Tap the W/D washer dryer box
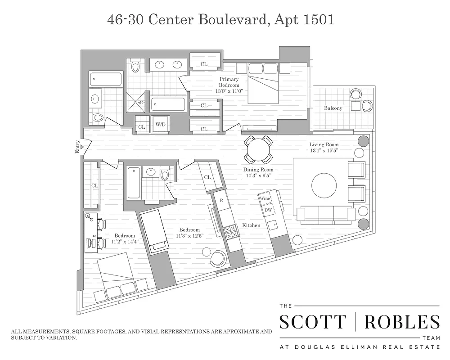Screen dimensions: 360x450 coord(160,124)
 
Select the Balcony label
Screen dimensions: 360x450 coord(333,108)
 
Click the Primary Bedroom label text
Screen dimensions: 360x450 coord(229,82)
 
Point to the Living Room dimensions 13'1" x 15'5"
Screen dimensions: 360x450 coord(324,151)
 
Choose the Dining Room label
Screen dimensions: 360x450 coord(258,170)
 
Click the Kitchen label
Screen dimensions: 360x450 coord(251,225)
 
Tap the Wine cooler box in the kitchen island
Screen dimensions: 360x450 coord(265,198)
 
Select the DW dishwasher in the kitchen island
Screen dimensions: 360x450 coord(268,210)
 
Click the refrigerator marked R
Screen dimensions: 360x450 coord(221,200)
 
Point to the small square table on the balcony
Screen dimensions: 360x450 coord(356,106)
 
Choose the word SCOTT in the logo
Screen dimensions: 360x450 coord(313,323)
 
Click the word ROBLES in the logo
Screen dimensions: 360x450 coord(402,323)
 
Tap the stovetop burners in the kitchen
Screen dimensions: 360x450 coord(231,233)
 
